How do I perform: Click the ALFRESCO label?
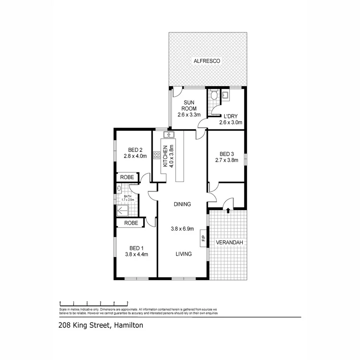[207, 61]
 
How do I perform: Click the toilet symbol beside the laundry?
[214, 96]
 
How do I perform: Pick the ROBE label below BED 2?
[127, 177]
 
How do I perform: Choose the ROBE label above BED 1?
[131, 223]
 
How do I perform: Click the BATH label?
[128, 196]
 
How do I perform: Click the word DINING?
[182, 204]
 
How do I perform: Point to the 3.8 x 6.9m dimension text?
[182, 229]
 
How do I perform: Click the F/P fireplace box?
[203, 239]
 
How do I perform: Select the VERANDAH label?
[229, 243]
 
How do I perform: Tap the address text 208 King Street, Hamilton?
[100, 326]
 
